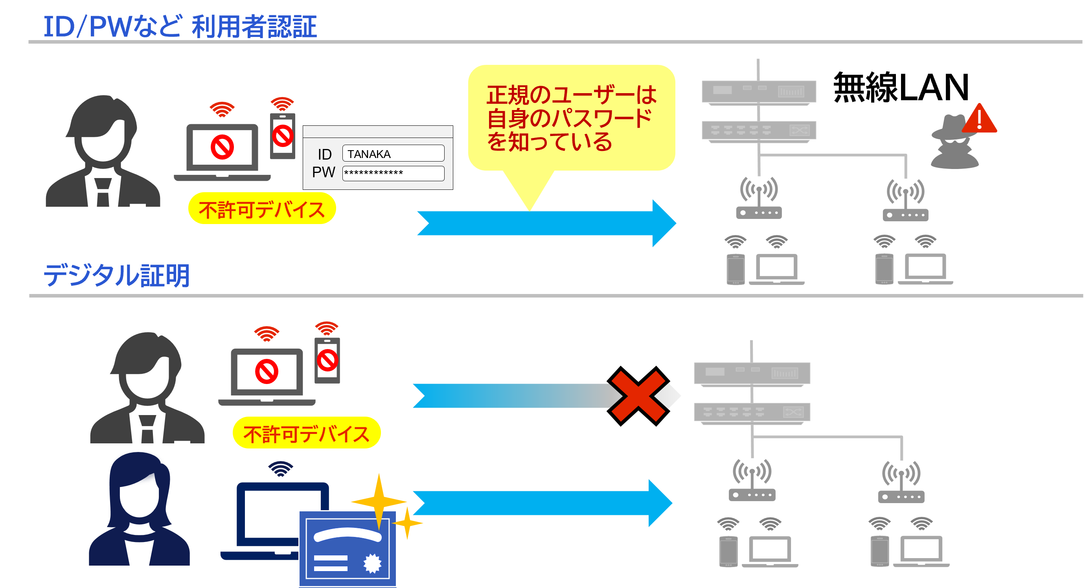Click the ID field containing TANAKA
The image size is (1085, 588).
tap(393, 153)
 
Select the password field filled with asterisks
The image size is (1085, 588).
tap(393, 173)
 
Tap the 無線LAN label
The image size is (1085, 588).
tap(901, 87)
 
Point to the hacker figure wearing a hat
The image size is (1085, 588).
tap(954, 142)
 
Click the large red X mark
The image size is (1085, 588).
tap(638, 396)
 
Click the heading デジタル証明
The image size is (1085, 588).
tap(116, 276)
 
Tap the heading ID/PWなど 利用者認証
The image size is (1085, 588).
tap(180, 26)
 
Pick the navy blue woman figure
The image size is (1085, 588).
tap(139, 509)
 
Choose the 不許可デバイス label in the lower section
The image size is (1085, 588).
tap(306, 433)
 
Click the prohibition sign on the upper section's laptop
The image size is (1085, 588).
tap(222, 147)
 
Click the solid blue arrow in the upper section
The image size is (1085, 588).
tap(546, 223)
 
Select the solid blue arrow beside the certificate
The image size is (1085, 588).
tap(542, 503)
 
